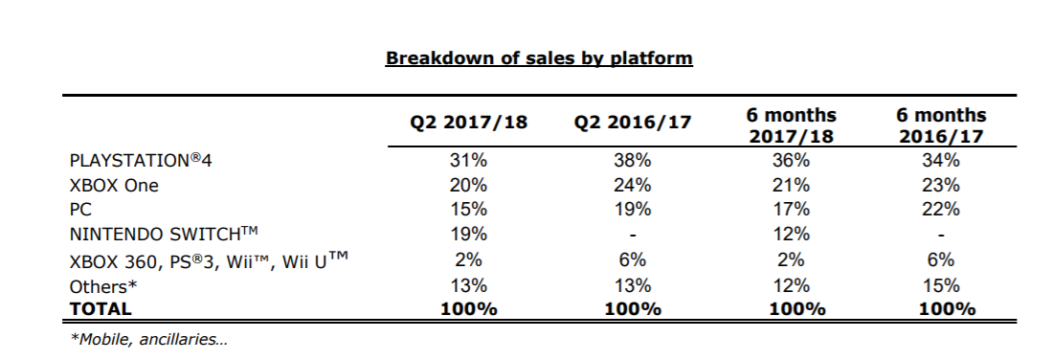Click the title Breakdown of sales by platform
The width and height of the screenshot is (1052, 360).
pyautogui.click(x=539, y=58)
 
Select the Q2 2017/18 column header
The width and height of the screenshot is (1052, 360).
pyautogui.click(x=469, y=123)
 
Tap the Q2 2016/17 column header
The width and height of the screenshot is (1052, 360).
pyautogui.click(x=632, y=123)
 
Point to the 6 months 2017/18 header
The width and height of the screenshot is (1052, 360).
pyautogui.click(x=791, y=125)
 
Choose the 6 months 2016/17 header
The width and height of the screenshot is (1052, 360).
pyautogui.click(x=941, y=125)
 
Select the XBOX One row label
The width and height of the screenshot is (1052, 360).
pyautogui.click(x=114, y=186)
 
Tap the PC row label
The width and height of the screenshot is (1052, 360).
pyautogui.click(x=80, y=210)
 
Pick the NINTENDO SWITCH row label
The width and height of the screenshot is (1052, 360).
pyautogui.click(x=165, y=235)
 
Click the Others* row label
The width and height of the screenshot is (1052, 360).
pyautogui.click(x=103, y=287)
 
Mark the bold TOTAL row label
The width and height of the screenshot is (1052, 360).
pyautogui.click(x=101, y=309)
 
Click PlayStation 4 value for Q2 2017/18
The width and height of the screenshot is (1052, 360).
pyautogui.click(x=468, y=161)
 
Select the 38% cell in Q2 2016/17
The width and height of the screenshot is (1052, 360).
pyautogui.click(x=632, y=161)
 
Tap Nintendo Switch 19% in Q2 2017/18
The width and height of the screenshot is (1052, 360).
pyautogui.click(x=468, y=235)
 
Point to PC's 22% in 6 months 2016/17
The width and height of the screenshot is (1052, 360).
pyautogui.click(x=941, y=210)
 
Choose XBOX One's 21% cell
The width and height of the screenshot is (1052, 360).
pyautogui.click(x=791, y=186)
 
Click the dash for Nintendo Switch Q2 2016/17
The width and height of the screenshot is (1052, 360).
pyautogui.click(x=632, y=236)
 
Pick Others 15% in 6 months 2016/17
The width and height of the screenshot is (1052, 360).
pyautogui.click(x=941, y=286)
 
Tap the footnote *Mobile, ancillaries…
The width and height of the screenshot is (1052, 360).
pyautogui.click(x=149, y=340)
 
